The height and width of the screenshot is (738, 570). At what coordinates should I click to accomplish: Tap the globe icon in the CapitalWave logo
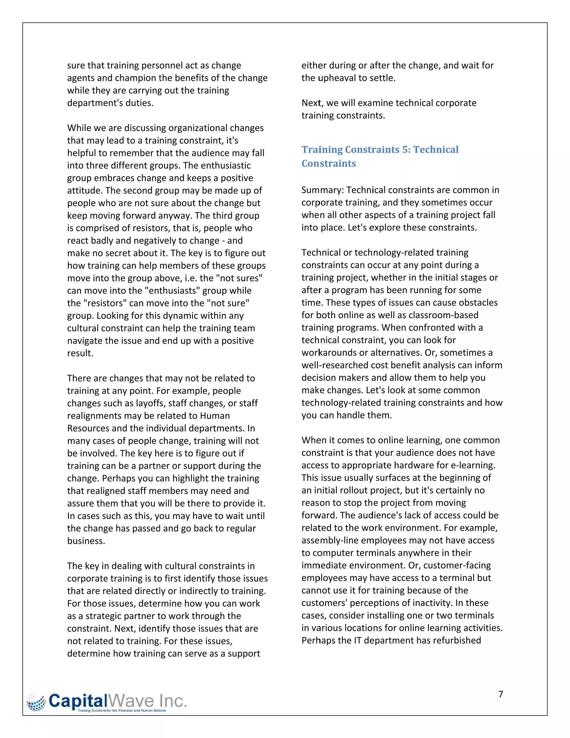click(36, 702)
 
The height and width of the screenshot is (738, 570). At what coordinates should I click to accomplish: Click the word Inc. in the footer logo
click(173, 701)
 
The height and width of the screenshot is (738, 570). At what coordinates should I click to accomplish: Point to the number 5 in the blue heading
click(405, 149)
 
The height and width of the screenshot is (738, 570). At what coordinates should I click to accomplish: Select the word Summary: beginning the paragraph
click(323, 190)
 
